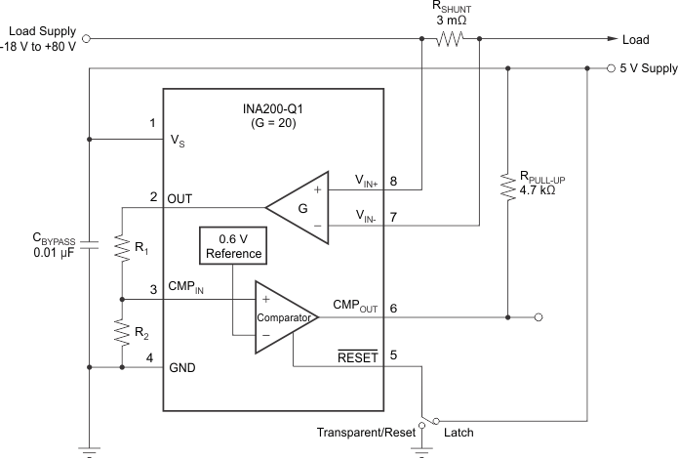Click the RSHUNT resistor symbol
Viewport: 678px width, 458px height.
(451, 40)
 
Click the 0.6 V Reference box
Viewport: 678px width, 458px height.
(233, 245)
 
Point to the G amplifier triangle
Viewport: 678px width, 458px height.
(299, 207)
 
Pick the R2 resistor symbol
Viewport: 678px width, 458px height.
(122, 333)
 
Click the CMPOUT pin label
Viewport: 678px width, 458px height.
(356, 305)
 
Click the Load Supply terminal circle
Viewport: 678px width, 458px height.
(89, 40)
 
